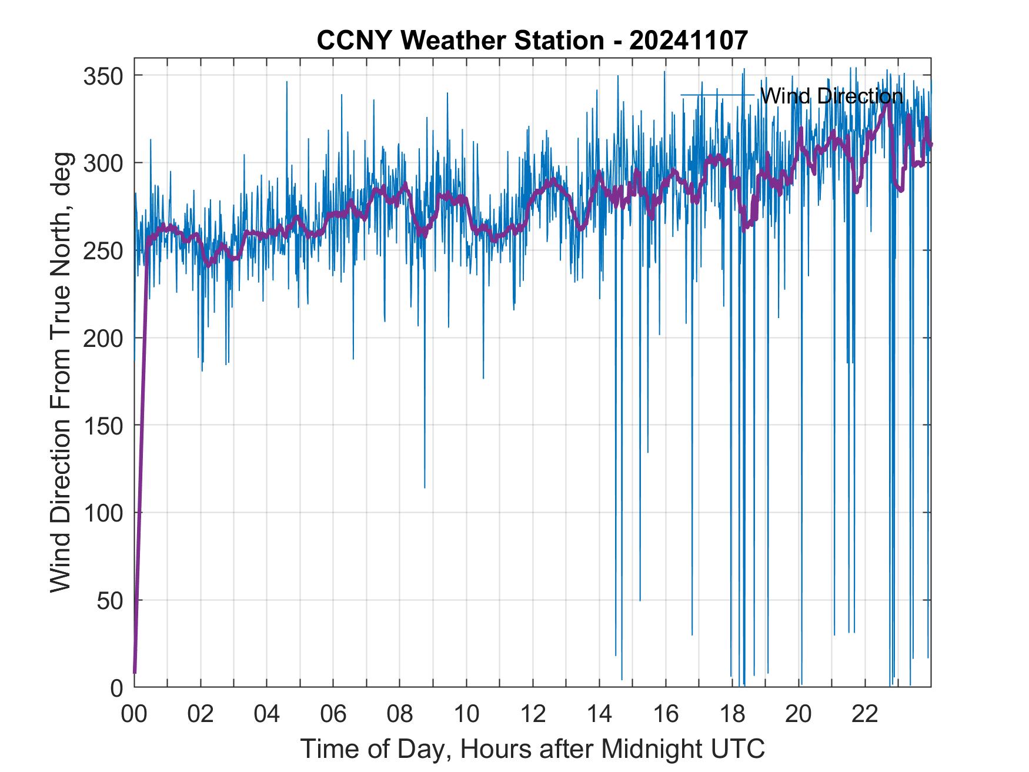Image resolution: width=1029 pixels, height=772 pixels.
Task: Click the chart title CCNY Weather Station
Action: click(461, 41)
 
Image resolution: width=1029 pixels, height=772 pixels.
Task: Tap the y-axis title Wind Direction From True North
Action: click(61, 372)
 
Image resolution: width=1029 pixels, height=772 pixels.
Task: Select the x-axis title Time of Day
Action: click(532, 748)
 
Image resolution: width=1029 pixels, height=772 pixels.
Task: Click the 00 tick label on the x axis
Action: click(134, 714)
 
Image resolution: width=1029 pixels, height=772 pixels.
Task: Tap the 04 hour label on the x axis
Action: click(267, 714)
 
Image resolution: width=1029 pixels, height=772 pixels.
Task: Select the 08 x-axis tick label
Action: click(400, 714)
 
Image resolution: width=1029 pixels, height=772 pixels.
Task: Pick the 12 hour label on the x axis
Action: click(533, 714)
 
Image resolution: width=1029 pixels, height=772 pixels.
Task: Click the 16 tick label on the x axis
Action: click(666, 714)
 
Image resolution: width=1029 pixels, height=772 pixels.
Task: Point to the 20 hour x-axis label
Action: click(799, 714)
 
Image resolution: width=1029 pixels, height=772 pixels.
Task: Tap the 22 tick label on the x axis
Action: click(865, 714)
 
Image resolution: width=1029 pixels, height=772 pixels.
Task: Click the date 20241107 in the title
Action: click(689, 41)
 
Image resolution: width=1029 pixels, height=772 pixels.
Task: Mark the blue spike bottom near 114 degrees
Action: click(425, 487)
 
